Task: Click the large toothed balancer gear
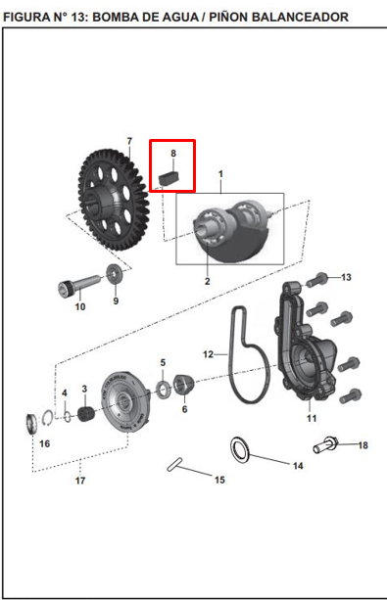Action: [x=114, y=199]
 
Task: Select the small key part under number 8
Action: [x=169, y=178]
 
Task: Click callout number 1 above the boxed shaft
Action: [x=220, y=174]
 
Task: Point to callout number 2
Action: [x=208, y=281]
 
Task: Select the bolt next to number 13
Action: [x=316, y=279]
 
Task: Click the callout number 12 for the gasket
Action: [x=208, y=354]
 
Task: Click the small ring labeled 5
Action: [x=164, y=390]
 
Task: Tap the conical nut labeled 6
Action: [x=184, y=385]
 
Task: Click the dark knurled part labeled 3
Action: [x=86, y=414]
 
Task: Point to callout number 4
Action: [x=65, y=392]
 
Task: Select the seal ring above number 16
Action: [x=30, y=424]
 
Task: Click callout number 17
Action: [x=80, y=481]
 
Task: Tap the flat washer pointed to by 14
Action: [x=240, y=448]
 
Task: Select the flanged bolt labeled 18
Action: [x=325, y=444]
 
